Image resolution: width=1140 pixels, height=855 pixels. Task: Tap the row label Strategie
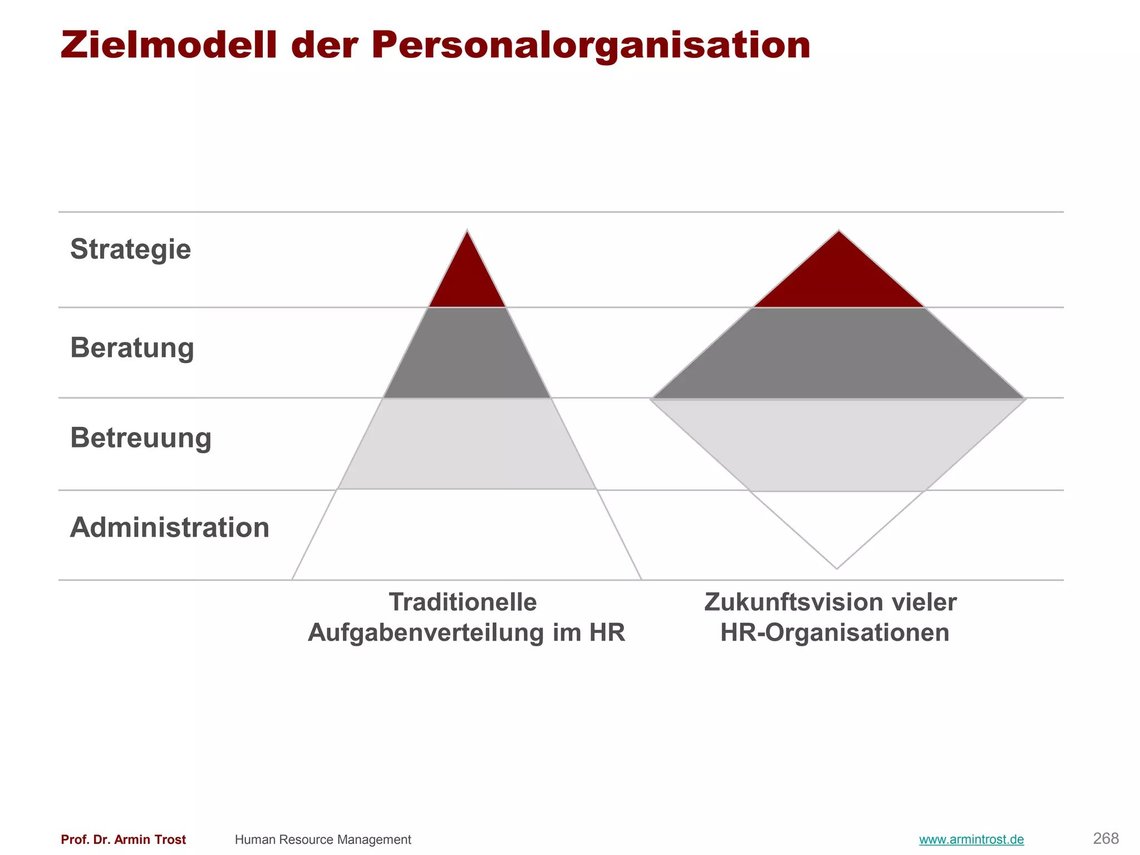[x=130, y=249]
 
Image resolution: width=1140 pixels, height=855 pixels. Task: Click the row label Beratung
[x=132, y=348]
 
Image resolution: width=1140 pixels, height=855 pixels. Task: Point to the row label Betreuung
[x=140, y=438]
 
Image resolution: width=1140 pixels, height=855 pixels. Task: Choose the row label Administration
[x=169, y=527]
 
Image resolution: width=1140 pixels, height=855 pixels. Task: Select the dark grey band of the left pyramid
[x=467, y=353]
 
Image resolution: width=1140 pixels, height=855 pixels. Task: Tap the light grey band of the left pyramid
[x=467, y=444]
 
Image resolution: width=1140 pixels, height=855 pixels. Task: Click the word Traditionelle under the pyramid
[x=463, y=602]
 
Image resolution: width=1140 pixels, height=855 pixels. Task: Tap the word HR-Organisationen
[x=834, y=633]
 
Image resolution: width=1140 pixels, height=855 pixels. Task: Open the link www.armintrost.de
[x=971, y=839]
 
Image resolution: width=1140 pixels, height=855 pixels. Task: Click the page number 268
[x=1105, y=838]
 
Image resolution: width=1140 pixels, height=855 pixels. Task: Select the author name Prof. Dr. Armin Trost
[x=123, y=839]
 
